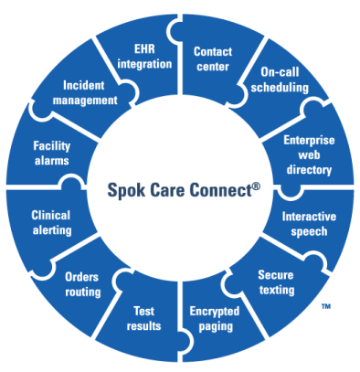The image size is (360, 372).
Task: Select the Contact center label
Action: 214,58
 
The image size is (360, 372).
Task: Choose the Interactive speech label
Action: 309,223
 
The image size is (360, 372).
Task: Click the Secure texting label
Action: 276,282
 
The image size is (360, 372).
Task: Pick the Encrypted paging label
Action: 214,318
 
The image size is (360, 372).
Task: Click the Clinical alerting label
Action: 50,223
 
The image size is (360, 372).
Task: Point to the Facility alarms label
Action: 52,153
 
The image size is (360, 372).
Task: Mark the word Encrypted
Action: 214,311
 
